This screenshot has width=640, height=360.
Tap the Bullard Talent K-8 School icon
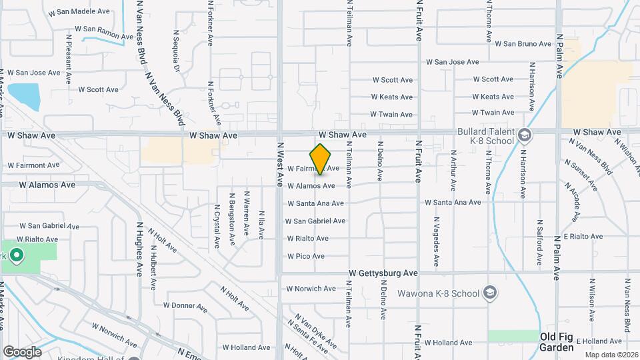(x=525, y=135)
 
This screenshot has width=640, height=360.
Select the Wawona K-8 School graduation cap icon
(x=490, y=293)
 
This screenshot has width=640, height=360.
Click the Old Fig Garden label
(x=557, y=342)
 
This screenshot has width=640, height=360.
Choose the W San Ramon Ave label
(x=97, y=29)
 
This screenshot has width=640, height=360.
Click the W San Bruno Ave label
(x=523, y=44)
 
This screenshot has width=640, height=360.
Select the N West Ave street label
(x=281, y=163)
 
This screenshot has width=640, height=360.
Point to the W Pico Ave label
(x=306, y=256)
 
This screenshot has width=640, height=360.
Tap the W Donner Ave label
(x=185, y=306)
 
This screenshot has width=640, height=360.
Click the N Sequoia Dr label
(x=177, y=53)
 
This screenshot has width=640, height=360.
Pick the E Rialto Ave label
(x=583, y=236)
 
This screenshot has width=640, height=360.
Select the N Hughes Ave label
(x=141, y=249)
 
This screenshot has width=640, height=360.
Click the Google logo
(x=22, y=351)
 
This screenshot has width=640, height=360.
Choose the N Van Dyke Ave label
(x=315, y=331)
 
